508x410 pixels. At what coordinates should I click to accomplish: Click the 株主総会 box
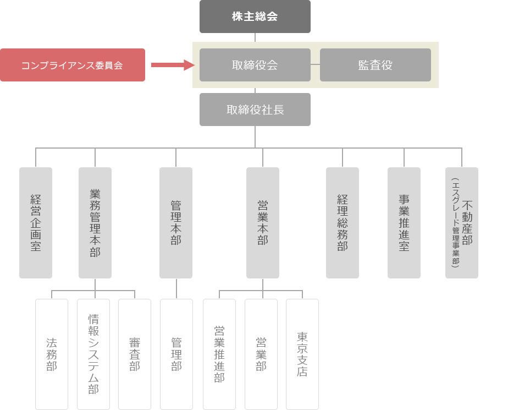(255, 17)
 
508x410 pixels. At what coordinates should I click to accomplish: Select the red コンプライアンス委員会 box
(72, 65)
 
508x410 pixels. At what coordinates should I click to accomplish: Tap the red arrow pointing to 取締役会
(172, 65)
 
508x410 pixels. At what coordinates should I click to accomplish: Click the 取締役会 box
(255, 65)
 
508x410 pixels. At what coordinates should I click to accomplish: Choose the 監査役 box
(375, 65)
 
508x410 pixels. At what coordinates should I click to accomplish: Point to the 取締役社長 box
(255, 110)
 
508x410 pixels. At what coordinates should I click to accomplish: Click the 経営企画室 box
(36, 222)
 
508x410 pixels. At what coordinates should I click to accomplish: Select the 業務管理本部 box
(95, 222)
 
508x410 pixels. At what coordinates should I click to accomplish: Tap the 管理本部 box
(176, 222)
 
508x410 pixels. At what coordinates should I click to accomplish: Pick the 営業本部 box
(262, 222)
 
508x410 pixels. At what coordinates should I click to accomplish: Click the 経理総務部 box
(343, 222)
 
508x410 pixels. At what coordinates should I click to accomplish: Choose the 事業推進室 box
(404, 222)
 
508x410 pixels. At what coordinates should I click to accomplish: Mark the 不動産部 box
(462, 222)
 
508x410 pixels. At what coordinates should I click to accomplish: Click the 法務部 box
(52, 354)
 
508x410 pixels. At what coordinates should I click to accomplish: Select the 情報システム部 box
(93, 354)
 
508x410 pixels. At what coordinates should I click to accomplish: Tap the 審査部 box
(135, 354)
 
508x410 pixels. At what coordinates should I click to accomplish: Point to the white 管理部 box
(176, 354)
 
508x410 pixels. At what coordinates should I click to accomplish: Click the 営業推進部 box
(219, 354)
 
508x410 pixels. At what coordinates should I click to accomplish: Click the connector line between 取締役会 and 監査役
(315, 65)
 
